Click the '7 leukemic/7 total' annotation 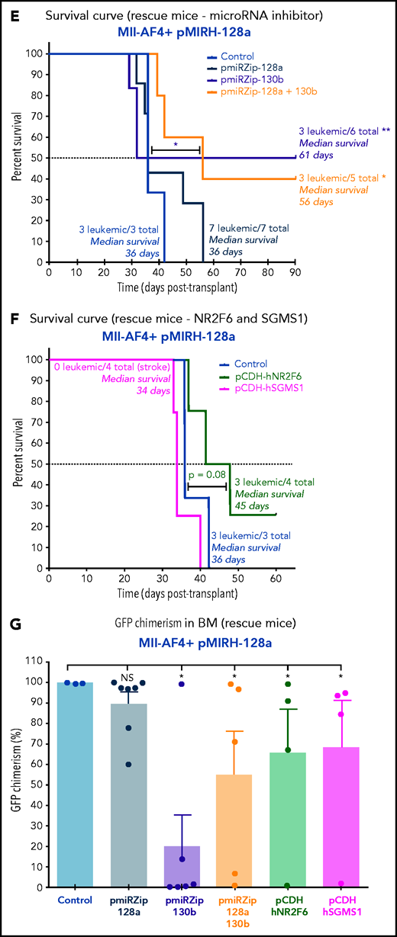[249, 228]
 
